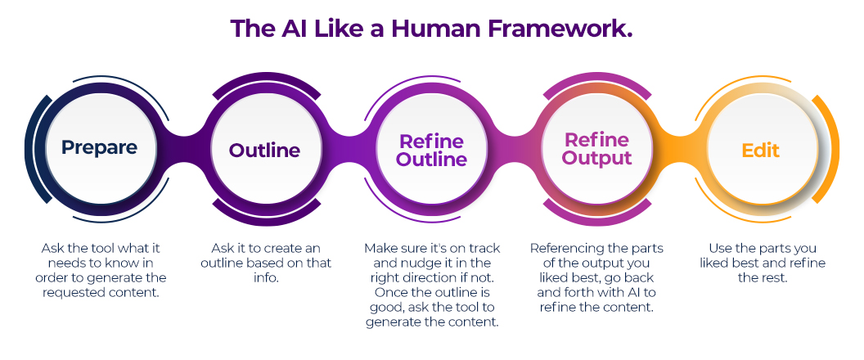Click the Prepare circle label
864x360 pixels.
pyautogui.click(x=99, y=148)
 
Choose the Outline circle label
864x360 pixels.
pyautogui.click(x=264, y=151)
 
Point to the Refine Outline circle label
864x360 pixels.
pyautogui.click(x=430, y=151)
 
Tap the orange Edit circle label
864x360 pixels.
pyautogui.click(x=760, y=151)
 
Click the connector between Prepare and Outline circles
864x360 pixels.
pyautogui.click(x=182, y=150)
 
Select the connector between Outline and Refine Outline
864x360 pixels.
pyautogui.click(x=348, y=150)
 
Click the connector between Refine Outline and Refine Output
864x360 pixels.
pyautogui.click(x=513, y=150)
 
